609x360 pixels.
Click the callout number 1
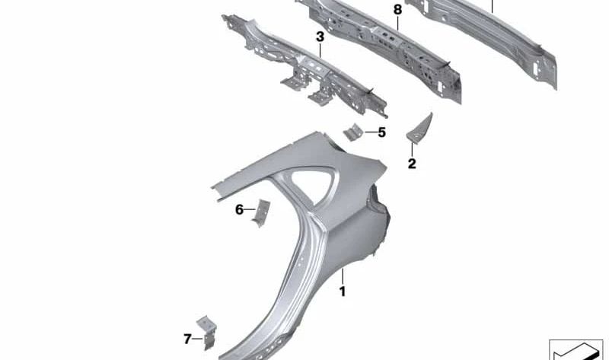[343, 292]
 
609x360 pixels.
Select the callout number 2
[412, 164]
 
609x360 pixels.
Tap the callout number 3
[320, 37]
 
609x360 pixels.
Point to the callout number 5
[381, 132]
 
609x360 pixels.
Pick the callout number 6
[239, 209]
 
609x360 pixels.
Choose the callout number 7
[187, 338]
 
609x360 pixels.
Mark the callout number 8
[397, 9]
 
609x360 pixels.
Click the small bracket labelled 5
[352, 133]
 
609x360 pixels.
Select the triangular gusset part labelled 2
[419, 128]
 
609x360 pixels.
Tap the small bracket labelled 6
[261, 211]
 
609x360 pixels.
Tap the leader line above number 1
[343, 276]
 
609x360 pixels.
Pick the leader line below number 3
[320, 50]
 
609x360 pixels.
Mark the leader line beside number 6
[250, 209]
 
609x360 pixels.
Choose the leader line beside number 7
[197, 338]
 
